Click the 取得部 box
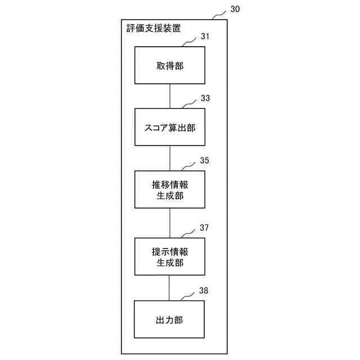(x=169, y=65)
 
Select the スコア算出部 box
(x=169, y=128)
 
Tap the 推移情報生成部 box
(x=169, y=190)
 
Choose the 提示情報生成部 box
(x=169, y=256)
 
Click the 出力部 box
(x=169, y=319)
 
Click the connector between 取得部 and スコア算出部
(x=169, y=96)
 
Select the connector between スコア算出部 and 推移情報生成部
(x=169, y=159)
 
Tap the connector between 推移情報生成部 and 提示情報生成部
(x=169, y=223)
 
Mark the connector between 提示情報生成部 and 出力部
(x=169, y=288)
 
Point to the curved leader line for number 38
(x=188, y=296)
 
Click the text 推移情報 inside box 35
(x=169, y=184)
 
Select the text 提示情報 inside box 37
(x=169, y=251)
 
